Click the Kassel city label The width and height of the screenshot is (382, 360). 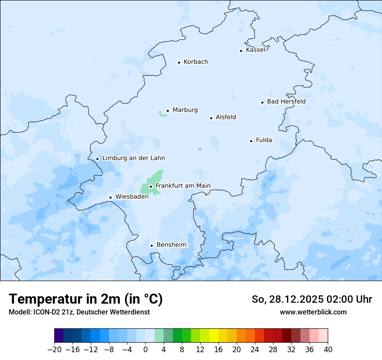(x=255, y=50)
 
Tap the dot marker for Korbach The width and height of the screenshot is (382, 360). (x=179, y=62)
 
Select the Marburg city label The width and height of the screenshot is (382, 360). (x=185, y=110)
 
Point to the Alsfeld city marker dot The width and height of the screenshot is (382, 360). (x=211, y=118)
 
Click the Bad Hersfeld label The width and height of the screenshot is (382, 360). (x=286, y=101)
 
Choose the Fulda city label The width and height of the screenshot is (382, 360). (x=264, y=140)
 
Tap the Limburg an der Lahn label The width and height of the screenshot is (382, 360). (x=133, y=158)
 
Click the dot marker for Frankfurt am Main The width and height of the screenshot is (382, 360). (x=151, y=187)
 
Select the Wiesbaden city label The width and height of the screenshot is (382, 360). (x=132, y=196)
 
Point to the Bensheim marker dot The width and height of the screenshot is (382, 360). (x=151, y=245)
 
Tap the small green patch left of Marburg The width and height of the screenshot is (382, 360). (x=162, y=114)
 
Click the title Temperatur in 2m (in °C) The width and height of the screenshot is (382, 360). (x=86, y=299)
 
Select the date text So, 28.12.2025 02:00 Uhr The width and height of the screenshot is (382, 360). (x=312, y=299)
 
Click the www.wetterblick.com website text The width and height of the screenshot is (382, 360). (x=313, y=312)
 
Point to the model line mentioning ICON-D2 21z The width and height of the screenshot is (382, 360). (x=79, y=312)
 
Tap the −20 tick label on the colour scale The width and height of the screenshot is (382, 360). (x=54, y=350)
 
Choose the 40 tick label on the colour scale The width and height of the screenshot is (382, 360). (x=328, y=350)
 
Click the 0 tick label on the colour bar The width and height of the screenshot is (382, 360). (x=145, y=350)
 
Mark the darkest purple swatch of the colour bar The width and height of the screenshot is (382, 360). (x=59, y=336)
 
